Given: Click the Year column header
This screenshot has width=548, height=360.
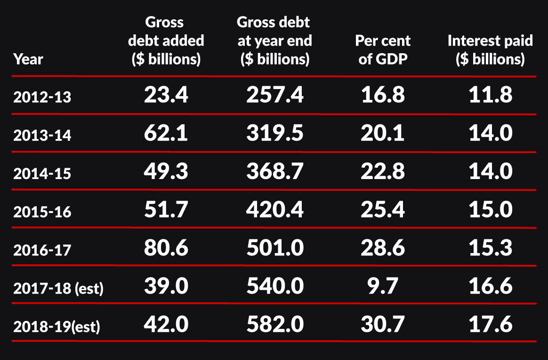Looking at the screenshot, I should click(x=28, y=59).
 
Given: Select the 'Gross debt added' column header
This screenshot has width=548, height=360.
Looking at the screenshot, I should click(x=166, y=41).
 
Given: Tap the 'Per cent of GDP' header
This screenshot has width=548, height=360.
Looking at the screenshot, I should click(x=383, y=50).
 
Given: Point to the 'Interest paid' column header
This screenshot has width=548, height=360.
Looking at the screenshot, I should click(x=490, y=50).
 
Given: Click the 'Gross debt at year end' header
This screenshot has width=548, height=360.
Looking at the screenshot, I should click(x=274, y=41).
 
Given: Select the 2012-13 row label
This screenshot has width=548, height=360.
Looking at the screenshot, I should click(x=42, y=97).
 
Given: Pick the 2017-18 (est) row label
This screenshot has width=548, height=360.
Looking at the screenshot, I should click(x=58, y=288).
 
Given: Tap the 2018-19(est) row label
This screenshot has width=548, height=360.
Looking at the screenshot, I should click(x=56, y=327).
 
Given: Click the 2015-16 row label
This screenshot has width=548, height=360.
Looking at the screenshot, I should click(x=42, y=212).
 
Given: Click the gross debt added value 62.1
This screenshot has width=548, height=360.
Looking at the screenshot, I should click(x=166, y=134).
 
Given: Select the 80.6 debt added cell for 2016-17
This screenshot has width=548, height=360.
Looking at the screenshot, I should click(x=166, y=248).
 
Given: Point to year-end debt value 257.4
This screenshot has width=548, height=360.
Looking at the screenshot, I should click(x=274, y=96).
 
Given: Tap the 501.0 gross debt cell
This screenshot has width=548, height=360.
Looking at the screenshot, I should click(x=274, y=248).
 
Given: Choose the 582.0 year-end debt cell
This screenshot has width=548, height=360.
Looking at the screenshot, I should click(x=274, y=325).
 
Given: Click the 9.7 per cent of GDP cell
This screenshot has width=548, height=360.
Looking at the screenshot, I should click(x=383, y=286).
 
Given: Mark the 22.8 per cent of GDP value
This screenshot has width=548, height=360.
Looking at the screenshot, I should click(x=383, y=172).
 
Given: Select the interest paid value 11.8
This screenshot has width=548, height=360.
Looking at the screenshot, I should click(x=490, y=96).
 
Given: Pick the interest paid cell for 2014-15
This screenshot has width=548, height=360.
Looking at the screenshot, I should click(x=490, y=172).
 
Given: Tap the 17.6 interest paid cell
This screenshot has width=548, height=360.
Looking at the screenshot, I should click(x=490, y=325).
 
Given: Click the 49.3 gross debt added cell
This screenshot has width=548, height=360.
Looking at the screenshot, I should click(x=166, y=172).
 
